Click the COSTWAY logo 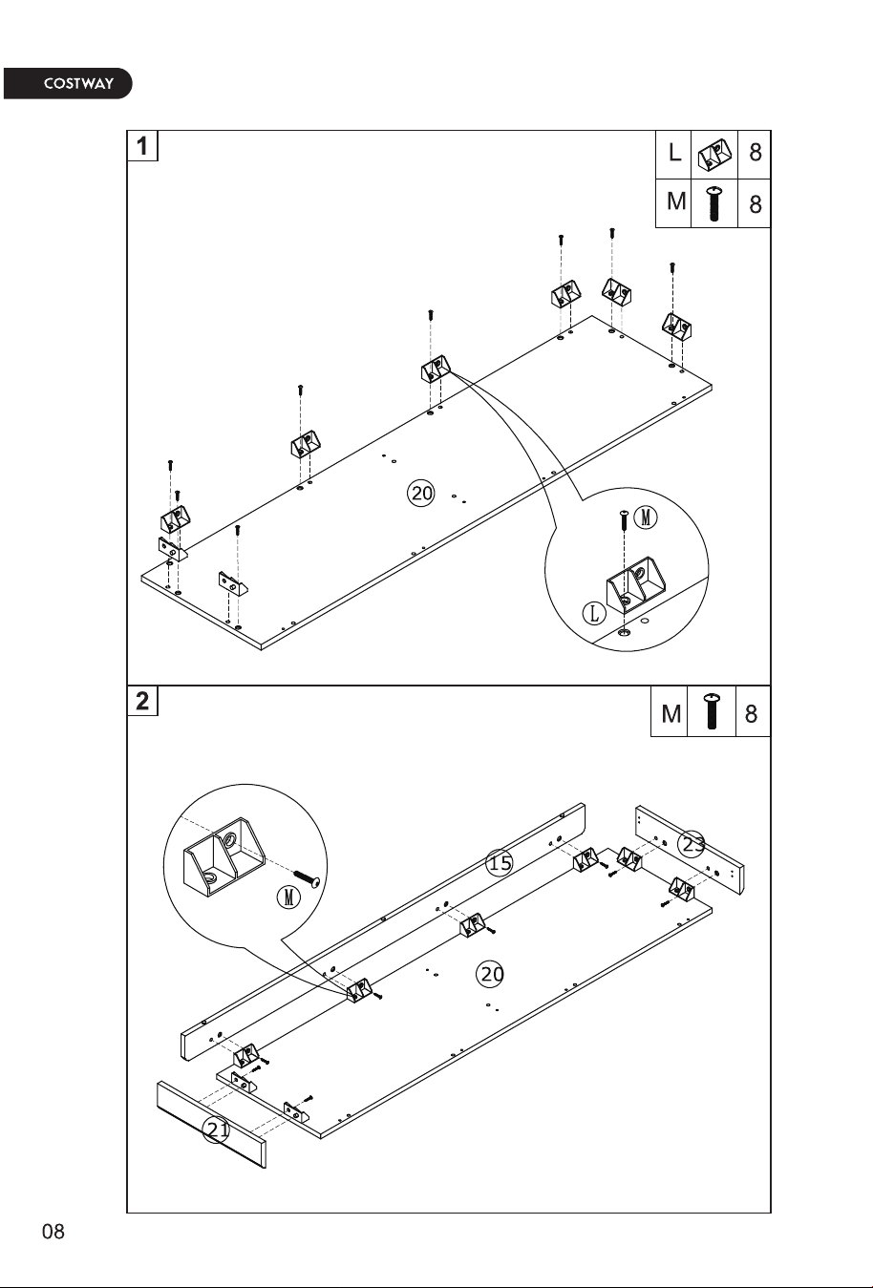tap(68, 83)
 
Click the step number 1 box tap(142, 146)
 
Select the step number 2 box tap(142, 701)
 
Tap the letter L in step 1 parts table tap(674, 153)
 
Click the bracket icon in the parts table tap(713, 154)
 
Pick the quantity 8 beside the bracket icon tap(756, 153)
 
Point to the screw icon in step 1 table tap(713, 203)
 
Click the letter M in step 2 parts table tap(671, 714)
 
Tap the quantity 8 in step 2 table tap(751, 714)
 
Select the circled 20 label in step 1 tap(421, 494)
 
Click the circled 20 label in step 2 tap(490, 974)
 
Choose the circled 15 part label tap(500, 862)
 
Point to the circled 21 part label tap(216, 1130)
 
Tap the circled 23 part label tap(692, 844)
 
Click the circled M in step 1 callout tap(646, 518)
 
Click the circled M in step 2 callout tap(288, 897)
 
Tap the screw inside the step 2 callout tap(308, 878)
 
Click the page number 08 tap(53, 1232)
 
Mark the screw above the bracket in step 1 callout tap(624, 520)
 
